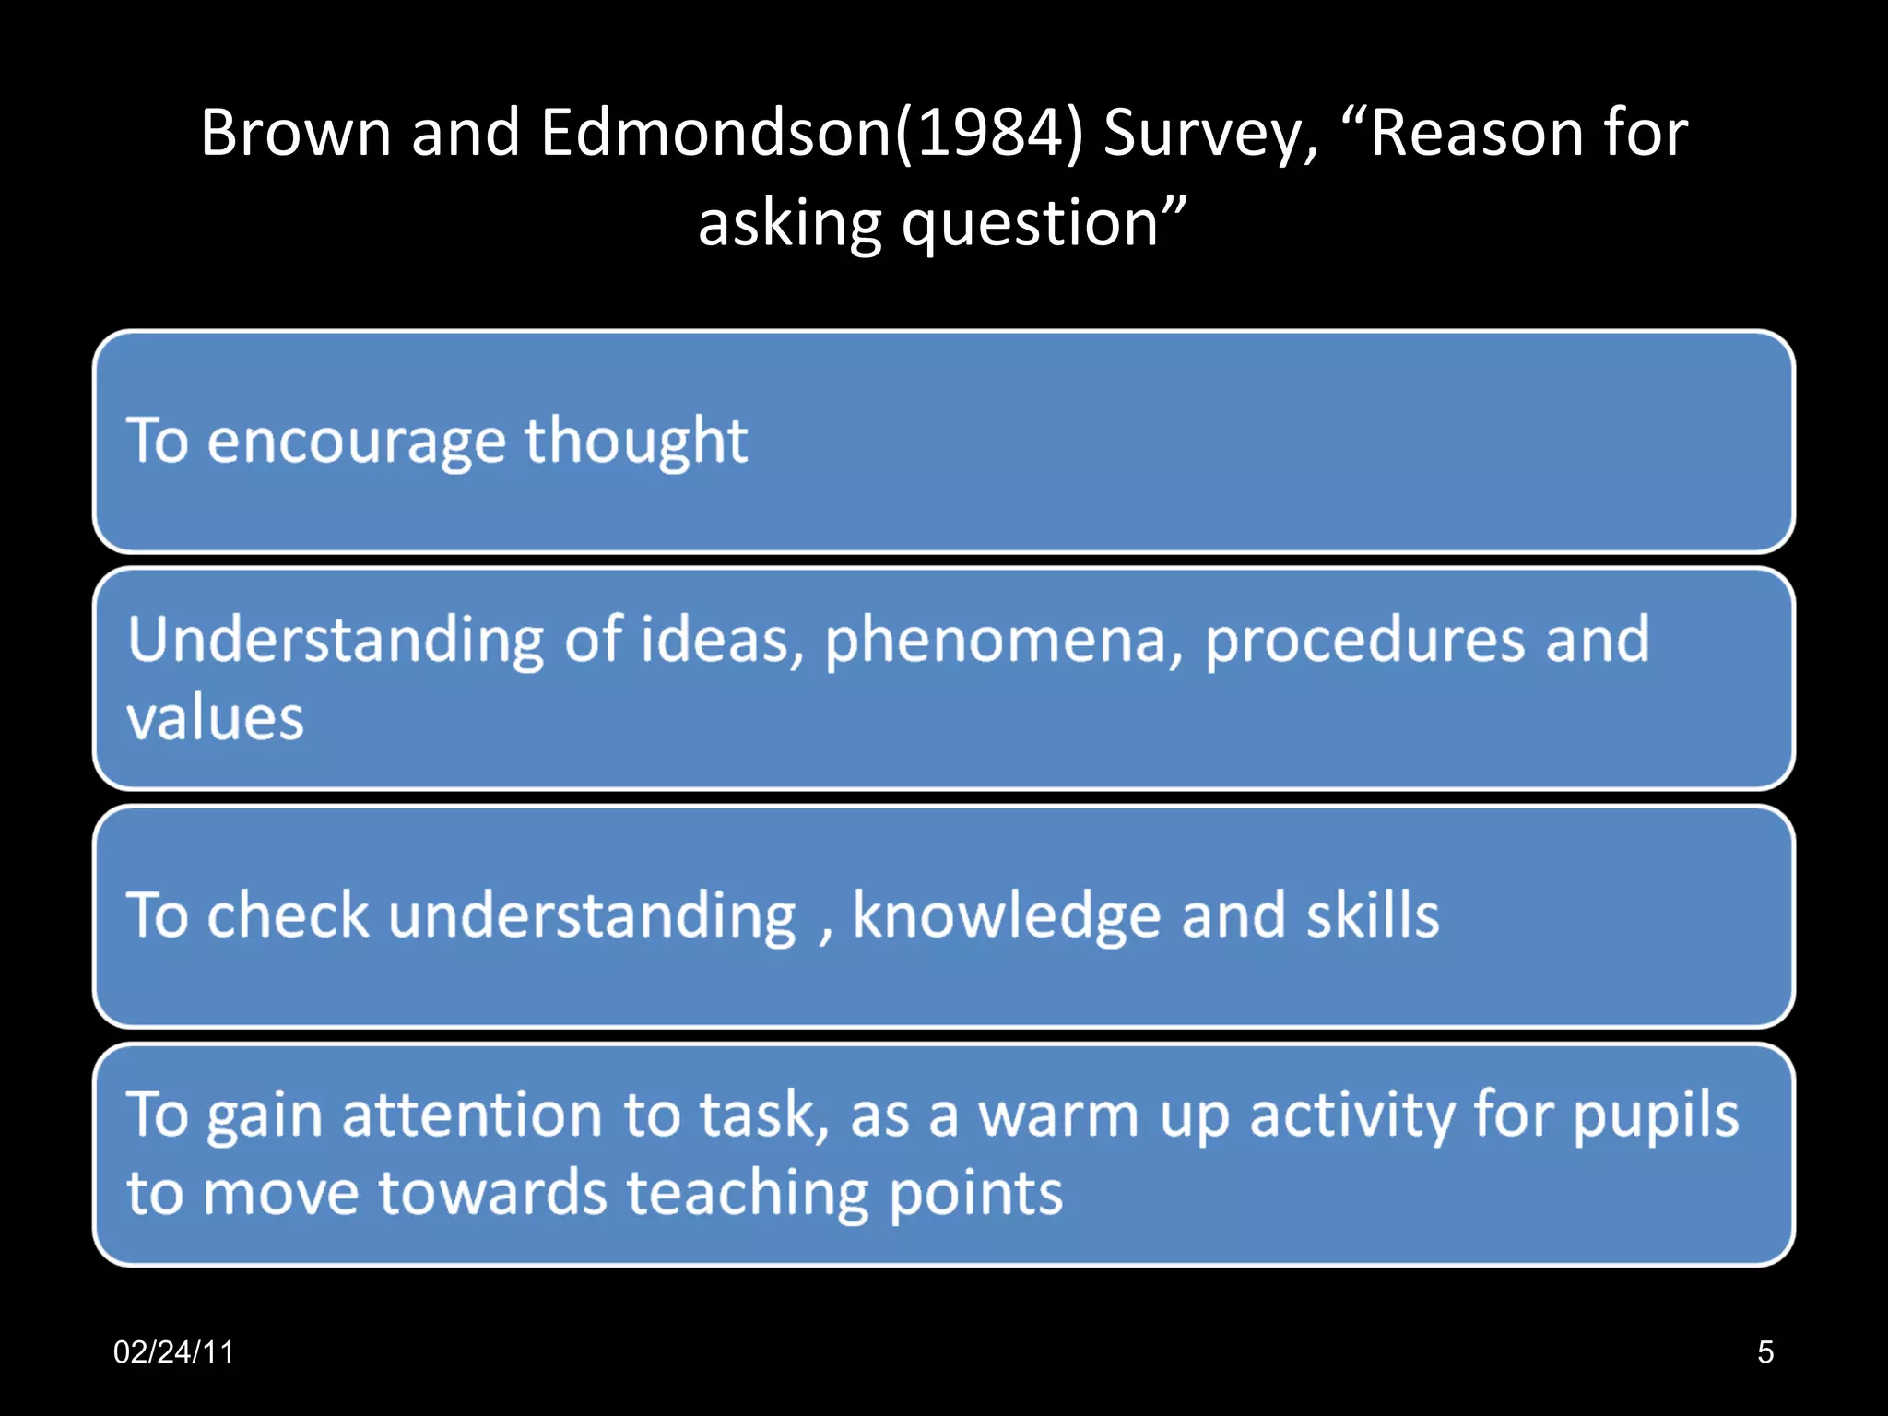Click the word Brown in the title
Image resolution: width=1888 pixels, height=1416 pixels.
pyautogui.click(x=296, y=133)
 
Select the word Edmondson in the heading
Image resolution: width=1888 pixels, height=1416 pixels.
pyautogui.click(x=715, y=133)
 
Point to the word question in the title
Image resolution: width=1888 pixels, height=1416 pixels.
pyautogui.click(x=1030, y=225)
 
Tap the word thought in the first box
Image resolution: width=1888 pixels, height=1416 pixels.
pyautogui.click(x=635, y=442)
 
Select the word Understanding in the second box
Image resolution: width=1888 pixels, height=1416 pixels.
pyautogui.click(x=336, y=640)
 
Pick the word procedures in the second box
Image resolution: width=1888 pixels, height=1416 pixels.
pyautogui.click(x=1364, y=640)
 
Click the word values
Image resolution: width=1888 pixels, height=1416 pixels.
pyautogui.click(x=215, y=718)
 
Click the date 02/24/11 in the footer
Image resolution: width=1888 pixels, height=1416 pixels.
pyautogui.click(x=173, y=1352)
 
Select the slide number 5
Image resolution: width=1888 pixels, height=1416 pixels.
pyautogui.click(x=1764, y=1352)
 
